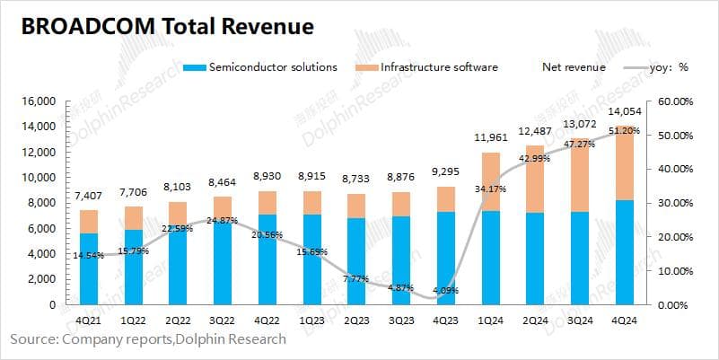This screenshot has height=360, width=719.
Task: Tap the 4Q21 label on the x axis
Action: click(x=89, y=321)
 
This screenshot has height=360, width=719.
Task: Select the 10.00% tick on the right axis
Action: click(x=676, y=271)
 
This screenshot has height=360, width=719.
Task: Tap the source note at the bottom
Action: click(x=148, y=339)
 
